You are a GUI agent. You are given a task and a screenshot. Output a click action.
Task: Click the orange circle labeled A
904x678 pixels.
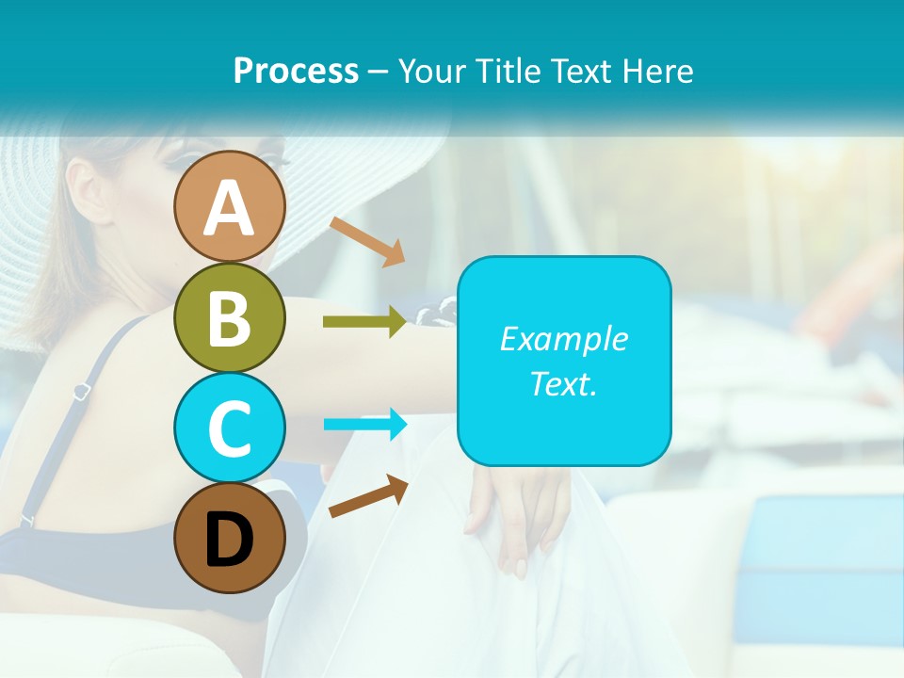[x=229, y=207]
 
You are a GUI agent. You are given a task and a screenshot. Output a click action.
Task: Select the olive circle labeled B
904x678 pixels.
[x=229, y=318]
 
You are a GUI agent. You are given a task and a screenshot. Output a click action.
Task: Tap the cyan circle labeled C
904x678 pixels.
[x=229, y=428]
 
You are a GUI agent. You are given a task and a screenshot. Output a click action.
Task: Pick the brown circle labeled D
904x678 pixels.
[x=229, y=539]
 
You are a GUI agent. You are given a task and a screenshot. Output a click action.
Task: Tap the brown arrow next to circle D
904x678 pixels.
[x=368, y=497]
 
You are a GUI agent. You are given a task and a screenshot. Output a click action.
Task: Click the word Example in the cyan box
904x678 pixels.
[x=563, y=339]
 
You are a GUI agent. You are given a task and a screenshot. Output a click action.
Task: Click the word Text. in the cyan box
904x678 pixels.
[x=563, y=383]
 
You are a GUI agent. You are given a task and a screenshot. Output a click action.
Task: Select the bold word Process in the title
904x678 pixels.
[x=296, y=71]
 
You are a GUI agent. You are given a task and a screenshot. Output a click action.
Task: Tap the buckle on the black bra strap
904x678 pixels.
[x=81, y=390]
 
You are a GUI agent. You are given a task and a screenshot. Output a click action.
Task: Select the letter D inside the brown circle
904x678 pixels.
[x=229, y=541]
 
